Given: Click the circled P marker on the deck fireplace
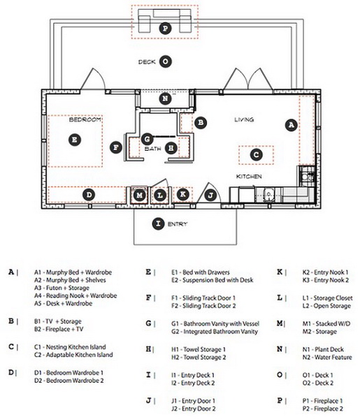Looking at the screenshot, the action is click(x=165, y=28).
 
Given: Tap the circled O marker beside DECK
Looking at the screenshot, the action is click(x=166, y=61).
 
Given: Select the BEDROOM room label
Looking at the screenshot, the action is click(x=85, y=119).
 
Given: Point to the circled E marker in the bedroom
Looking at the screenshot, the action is click(x=75, y=140).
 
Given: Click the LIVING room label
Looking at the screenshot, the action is click(x=244, y=119).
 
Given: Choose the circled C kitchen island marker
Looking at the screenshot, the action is click(x=256, y=155).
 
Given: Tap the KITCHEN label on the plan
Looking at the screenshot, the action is click(x=249, y=177).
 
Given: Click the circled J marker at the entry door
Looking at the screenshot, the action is click(x=211, y=196).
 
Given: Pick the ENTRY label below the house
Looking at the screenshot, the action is click(x=178, y=224).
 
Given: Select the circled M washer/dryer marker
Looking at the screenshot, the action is click(x=139, y=196).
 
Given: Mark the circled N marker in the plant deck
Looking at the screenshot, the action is click(x=165, y=98).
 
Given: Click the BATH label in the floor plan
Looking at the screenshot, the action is click(x=152, y=149).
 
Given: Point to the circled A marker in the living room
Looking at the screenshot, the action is click(x=291, y=124).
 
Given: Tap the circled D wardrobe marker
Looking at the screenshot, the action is click(x=89, y=195).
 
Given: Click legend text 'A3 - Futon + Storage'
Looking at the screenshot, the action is click(x=62, y=288).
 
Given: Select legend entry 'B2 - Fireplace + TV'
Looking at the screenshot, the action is click(x=59, y=329).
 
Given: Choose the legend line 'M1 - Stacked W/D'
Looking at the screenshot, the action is click(x=326, y=323).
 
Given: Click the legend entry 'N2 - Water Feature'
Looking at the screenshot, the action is click(x=327, y=357).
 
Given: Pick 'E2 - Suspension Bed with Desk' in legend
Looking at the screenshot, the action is click(x=213, y=280).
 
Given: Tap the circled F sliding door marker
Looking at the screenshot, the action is click(x=116, y=147).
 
